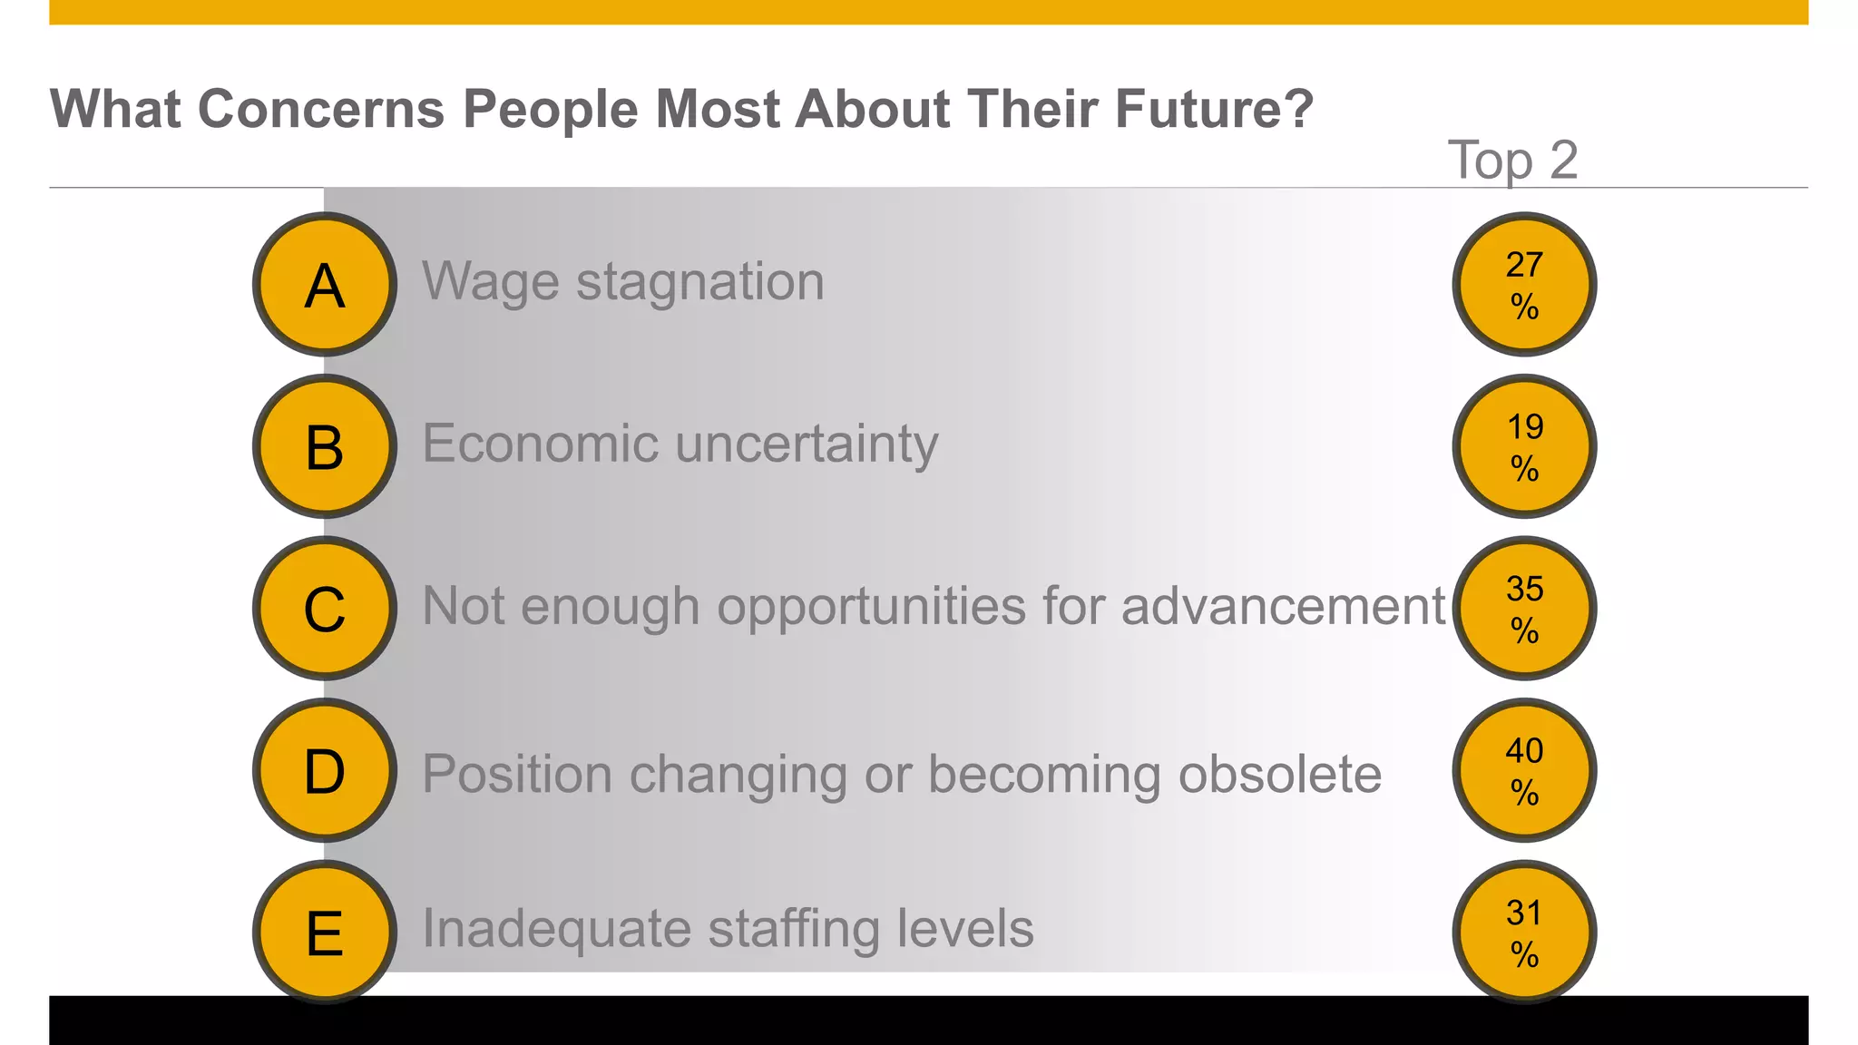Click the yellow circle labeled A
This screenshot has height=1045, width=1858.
click(325, 285)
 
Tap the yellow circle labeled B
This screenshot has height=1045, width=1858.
click(325, 446)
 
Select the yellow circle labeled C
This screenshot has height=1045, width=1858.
click(325, 609)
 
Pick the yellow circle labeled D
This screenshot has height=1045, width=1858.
click(325, 770)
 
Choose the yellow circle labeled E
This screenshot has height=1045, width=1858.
click(325, 933)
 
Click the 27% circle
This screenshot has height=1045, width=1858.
click(1524, 285)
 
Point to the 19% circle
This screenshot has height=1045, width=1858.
click(1524, 446)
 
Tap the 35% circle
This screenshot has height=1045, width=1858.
click(1524, 609)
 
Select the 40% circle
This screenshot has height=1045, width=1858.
click(1524, 770)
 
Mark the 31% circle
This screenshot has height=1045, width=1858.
click(1524, 933)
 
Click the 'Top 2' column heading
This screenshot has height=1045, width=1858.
click(1512, 161)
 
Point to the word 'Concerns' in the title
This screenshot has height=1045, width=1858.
click(321, 109)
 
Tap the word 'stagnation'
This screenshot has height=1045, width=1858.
click(700, 281)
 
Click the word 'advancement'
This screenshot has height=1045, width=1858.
click(1283, 606)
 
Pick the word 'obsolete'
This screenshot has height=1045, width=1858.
click(1279, 775)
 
